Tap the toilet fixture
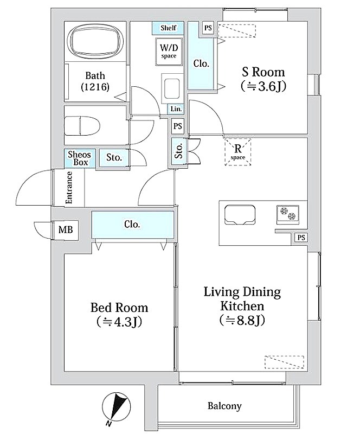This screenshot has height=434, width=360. (82, 126)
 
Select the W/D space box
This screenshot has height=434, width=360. (169, 52)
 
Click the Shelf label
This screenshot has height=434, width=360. (168, 28)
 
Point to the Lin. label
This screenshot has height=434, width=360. (176, 109)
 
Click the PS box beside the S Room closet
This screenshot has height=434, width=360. (208, 28)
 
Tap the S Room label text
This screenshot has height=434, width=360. (263, 72)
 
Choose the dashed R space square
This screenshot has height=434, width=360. (238, 152)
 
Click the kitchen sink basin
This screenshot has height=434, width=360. (240, 214)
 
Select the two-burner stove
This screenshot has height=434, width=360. (288, 214)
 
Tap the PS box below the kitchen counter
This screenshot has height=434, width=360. (301, 238)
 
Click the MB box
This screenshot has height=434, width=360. (66, 229)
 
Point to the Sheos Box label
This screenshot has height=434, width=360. (79, 158)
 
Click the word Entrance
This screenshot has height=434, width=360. (69, 188)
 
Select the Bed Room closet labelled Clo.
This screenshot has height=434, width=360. (133, 224)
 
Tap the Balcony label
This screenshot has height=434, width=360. (224, 406)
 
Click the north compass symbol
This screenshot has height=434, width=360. (116, 406)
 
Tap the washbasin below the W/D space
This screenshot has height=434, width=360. (172, 88)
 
